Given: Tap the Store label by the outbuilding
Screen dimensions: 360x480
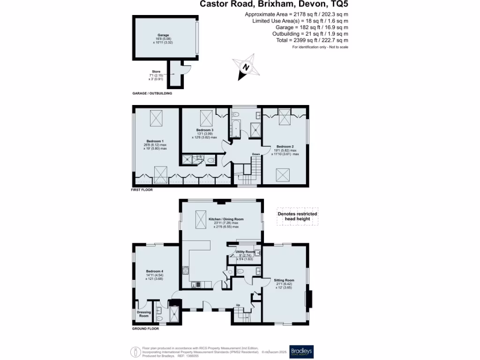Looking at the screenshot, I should (x=156, y=72).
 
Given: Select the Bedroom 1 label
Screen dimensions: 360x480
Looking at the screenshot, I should (x=155, y=141).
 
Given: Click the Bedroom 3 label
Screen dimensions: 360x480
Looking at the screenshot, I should (x=205, y=130).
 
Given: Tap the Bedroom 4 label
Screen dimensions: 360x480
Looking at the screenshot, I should (x=155, y=271).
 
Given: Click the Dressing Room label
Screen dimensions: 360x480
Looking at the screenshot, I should (x=143, y=314).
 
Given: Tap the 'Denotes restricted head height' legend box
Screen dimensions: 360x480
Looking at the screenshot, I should (x=297, y=216).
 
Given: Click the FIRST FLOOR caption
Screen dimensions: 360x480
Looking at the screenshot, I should (x=142, y=190).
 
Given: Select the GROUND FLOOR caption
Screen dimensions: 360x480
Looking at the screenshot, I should (x=145, y=329).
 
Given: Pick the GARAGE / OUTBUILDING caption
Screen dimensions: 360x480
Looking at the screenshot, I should (x=152, y=93).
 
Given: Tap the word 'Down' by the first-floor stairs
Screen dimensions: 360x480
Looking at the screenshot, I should (x=256, y=154).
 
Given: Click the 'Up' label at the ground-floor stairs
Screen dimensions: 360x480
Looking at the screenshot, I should (x=238, y=305).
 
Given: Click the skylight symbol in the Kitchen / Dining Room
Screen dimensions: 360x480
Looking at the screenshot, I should (x=201, y=217).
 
